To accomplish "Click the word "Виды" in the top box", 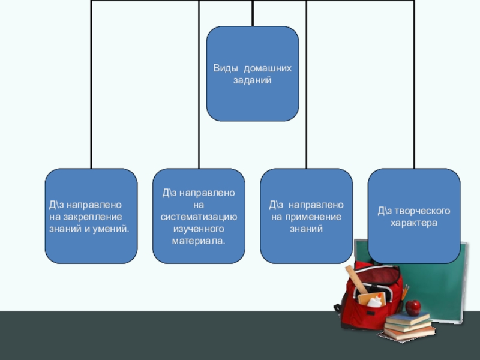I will pos(224,68).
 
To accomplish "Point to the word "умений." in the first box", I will pos(113,229).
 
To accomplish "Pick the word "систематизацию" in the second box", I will pos(199,217).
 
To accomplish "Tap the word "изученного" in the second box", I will pos(199,229).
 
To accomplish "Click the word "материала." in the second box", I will pos(199,241).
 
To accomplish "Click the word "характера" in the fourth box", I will pos(414,223).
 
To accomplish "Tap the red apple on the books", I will pos(413,307).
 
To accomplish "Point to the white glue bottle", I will pos(376,301).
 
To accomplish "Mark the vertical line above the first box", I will pos(91,84).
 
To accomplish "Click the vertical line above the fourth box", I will pos(414,84).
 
